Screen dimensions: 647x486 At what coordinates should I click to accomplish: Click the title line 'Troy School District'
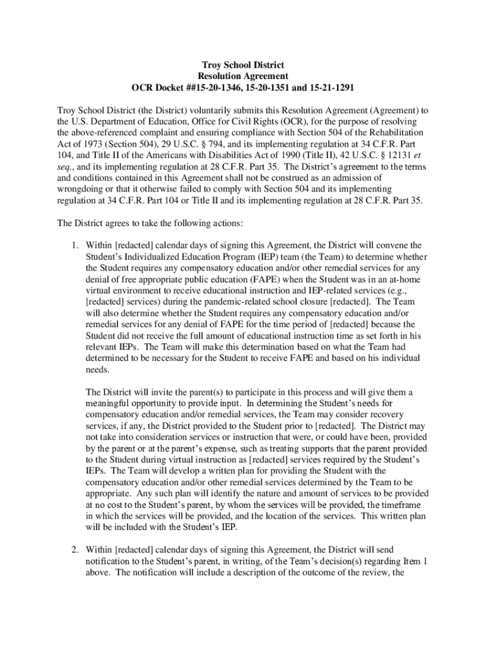243,65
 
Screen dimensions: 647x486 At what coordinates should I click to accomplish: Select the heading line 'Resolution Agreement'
243,76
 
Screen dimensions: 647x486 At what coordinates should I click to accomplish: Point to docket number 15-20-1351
276,87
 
